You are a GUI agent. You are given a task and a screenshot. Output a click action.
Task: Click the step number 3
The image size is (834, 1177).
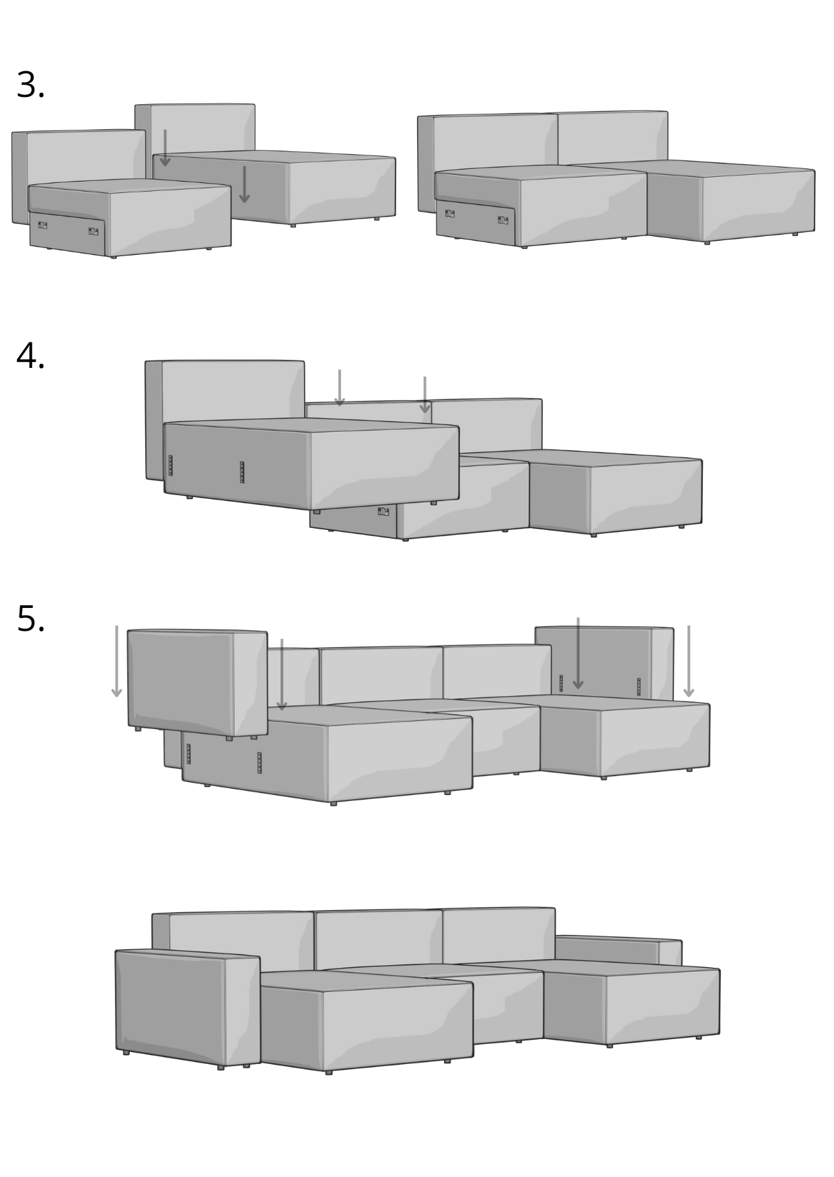pyautogui.click(x=30, y=85)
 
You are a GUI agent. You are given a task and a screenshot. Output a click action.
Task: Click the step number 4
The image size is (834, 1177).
pyautogui.click(x=30, y=356)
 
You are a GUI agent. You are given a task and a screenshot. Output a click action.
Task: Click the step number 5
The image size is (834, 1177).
pyautogui.click(x=30, y=619)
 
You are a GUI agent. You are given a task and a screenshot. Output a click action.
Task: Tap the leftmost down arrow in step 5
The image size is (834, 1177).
pyautogui.click(x=116, y=661)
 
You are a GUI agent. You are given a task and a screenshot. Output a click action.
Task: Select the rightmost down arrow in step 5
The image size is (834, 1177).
pyautogui.click(x=689, y=661)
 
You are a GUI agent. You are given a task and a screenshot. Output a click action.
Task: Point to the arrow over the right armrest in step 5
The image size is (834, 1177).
pyautogui.click(x=578, y=653)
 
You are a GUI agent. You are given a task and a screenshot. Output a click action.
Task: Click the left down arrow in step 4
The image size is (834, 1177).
pyautogui.click(x=340, y=388)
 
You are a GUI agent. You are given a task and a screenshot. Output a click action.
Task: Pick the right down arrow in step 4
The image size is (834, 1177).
pyautogui.click(x=425, y=395)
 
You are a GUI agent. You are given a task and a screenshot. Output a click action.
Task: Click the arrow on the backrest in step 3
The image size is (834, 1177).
pyautogui.click(x=165, y=148)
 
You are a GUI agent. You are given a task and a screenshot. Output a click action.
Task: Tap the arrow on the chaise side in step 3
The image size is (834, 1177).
pyautogui.click(x=244, y=184)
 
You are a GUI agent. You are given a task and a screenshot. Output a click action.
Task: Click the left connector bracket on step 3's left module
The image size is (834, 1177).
pyautogui.click(x=42, y=225)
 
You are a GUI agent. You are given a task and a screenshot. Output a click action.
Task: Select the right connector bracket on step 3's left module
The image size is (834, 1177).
pyautogui.click(x=93, y=231)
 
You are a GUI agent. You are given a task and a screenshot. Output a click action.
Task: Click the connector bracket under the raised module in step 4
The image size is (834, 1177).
pyautogui.click(x=383, y=511)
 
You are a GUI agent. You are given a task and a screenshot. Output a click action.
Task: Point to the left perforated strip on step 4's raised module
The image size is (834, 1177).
pyautogui.click(x=170, y=465)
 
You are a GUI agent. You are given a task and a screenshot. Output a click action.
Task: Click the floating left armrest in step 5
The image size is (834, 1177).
pyautogui.click(x=197, y=683)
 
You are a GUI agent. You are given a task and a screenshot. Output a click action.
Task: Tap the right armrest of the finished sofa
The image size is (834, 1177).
pyautogui.click(x=619, y=950)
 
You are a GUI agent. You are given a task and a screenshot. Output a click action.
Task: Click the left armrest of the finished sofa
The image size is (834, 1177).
pyautogui.click(x=188, y=1008)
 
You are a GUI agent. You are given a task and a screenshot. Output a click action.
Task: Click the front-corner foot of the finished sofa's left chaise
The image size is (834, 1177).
pyautogui.click(x=329, y=1072)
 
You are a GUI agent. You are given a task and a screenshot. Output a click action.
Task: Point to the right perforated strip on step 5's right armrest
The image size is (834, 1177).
pyautogui.click(x=638, y=687)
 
